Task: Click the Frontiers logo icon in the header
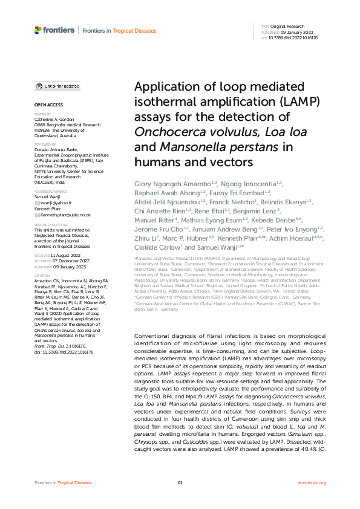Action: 38,30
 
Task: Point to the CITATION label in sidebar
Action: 42,274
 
